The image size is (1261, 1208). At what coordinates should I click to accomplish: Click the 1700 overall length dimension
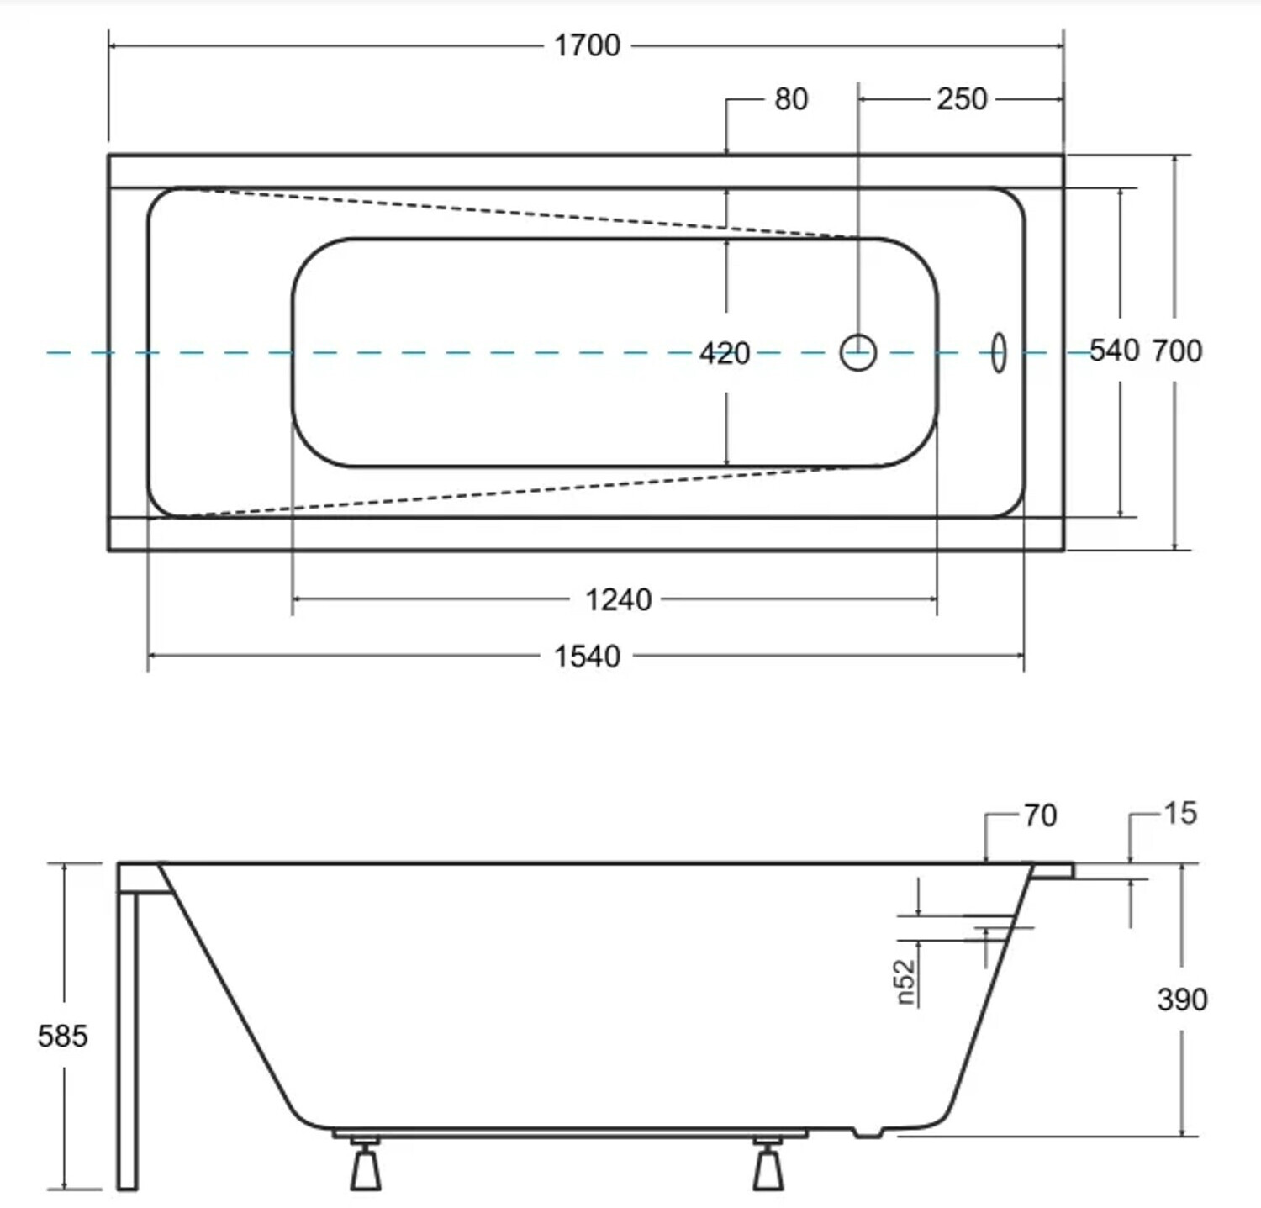tap(587, 45)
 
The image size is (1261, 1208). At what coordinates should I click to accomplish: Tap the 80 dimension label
tap(791, 99)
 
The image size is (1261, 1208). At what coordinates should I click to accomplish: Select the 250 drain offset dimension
tap(962, 99)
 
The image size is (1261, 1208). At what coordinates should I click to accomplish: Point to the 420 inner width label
tap(725, 353)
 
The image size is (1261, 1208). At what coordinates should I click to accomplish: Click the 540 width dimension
tap(1115, 350)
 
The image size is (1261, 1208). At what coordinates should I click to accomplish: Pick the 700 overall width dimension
tap(1177, 350)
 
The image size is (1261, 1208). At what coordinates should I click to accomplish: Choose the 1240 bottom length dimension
tap(618, 599)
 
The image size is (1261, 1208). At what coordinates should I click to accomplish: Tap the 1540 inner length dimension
tap(587, 656)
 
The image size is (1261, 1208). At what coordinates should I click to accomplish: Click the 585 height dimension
tap(63, 1036)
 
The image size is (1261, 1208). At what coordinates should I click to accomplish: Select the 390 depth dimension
tap(1182, 999)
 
